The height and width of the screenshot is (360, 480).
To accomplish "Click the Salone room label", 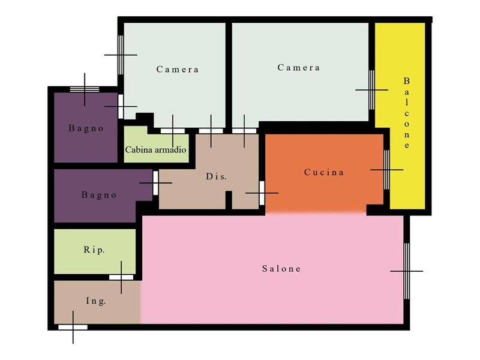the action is coord(281,269).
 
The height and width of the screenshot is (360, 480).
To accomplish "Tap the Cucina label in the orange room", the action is coord(324,172).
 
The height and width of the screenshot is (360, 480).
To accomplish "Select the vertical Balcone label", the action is coord(407,113).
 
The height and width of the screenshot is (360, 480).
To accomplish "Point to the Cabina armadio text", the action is coord(155,149).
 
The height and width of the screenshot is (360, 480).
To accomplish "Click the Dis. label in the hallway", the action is coord(216,176).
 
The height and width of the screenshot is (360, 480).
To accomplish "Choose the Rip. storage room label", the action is coord(94,250).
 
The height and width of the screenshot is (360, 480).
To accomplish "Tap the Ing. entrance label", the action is coord(96,301).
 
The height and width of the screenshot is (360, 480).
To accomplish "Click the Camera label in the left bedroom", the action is coord(178,69).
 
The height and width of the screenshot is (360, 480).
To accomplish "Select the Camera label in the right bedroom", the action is coord(299,67).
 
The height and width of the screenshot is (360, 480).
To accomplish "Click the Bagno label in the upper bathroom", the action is coord(86,128).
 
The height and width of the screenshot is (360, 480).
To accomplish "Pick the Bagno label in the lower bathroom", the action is coord(99,194).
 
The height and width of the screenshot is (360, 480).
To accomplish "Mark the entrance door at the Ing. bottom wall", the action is coord(73,327).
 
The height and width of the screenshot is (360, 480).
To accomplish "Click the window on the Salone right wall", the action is coord(407,271).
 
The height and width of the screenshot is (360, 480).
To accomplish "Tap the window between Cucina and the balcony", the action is coord(386,170).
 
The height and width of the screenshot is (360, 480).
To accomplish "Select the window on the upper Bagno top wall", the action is coord(85,89).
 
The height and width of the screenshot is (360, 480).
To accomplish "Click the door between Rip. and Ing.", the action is coord(121,277).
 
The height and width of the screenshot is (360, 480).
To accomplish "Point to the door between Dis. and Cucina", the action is coord(262,193).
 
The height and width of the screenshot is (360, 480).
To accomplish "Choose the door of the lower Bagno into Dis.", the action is coord(155,183).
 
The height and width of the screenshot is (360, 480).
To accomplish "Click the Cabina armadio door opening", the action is coord(173,131).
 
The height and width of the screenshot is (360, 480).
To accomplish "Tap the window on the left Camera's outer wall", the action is coord(121,55).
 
